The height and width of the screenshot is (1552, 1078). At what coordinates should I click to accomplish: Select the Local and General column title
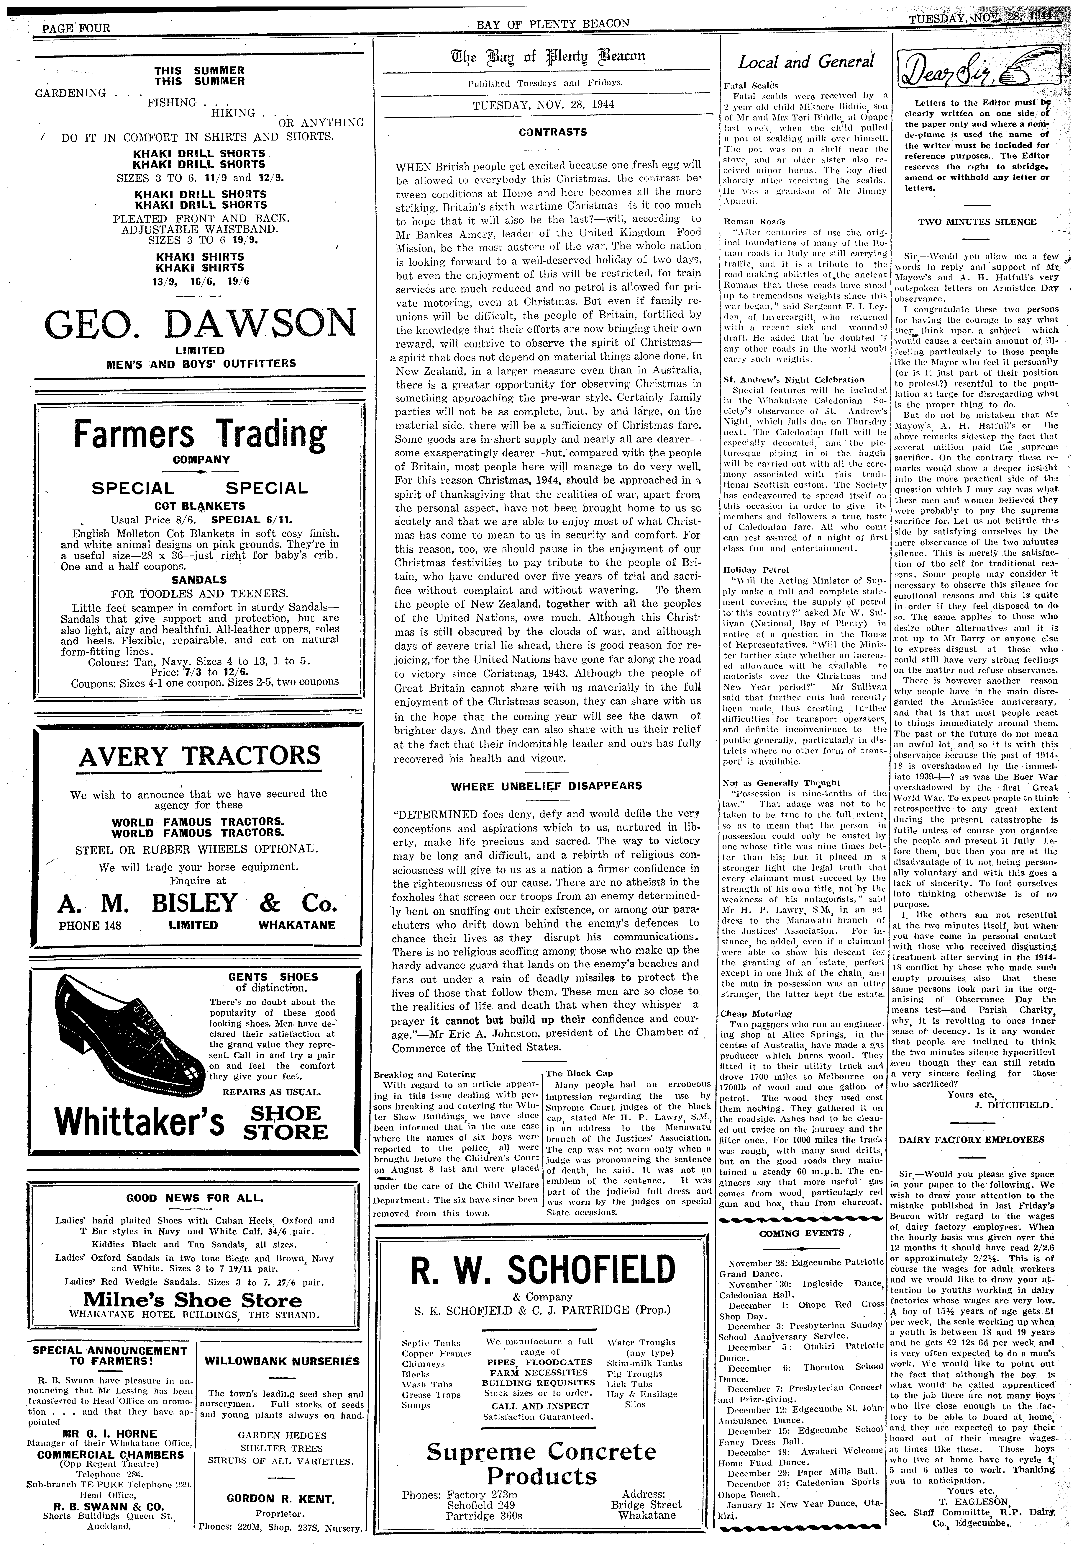click(x=806, y=62)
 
